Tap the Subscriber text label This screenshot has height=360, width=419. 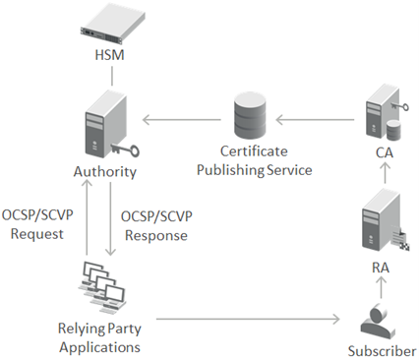click(382, 350)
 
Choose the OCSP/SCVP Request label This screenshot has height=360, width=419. click(33, 224)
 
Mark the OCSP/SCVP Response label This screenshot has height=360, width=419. click(156, 224)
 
